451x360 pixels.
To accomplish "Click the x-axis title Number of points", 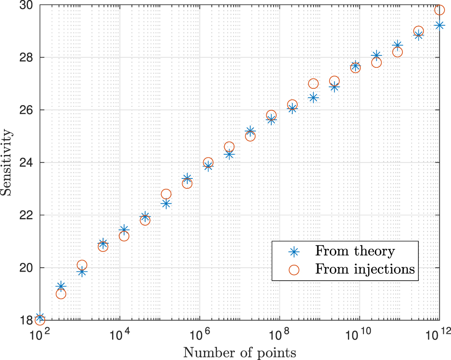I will point(240,353).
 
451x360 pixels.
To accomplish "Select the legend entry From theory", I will point(354,251).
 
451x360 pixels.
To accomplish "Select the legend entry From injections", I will point(365,269).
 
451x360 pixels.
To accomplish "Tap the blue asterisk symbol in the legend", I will point(294,251).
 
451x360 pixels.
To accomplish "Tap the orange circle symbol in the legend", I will point(294,269).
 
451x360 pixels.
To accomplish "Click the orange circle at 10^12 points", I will point(439,10).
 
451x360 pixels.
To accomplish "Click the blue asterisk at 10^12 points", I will point(439,25).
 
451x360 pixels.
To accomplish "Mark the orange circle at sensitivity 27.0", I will point(313,84).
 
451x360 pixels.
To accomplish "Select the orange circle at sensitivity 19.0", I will point(61,294).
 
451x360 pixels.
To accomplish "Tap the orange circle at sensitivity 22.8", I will point(166,194).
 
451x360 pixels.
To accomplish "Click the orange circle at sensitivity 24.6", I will point(229,147).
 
